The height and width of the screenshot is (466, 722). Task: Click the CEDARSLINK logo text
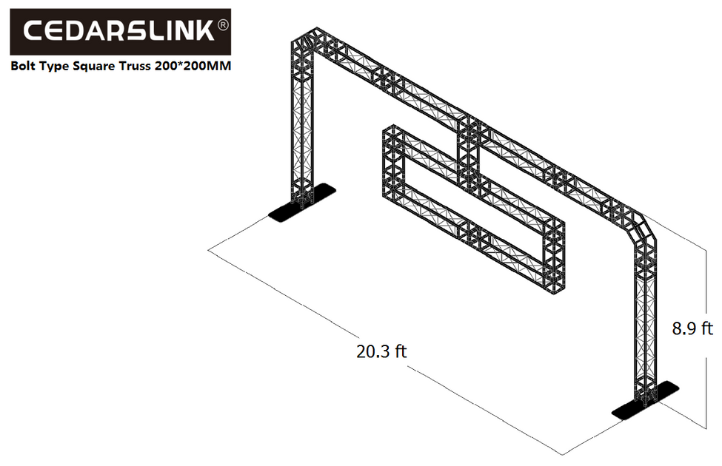118,31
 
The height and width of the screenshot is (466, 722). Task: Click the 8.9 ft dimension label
692,328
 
